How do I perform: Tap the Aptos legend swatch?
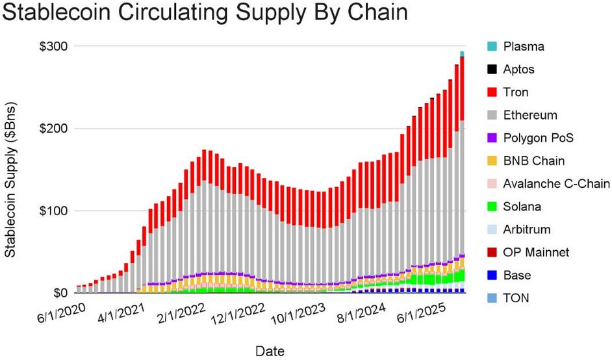[491, 70]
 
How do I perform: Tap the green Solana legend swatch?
[491, 207]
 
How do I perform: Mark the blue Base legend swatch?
[491, 275]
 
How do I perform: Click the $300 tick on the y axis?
[56, 47]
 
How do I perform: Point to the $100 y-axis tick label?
[56, 211]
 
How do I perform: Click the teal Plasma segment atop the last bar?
[462, 54]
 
